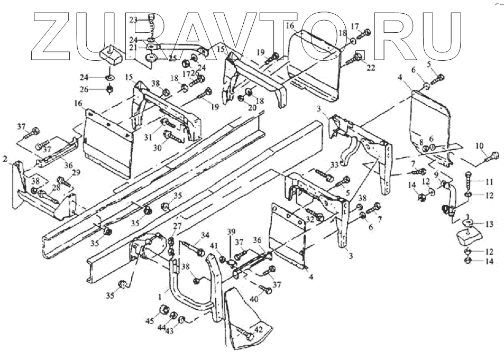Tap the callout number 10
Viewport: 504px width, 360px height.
pyautogui.click(x=479, y=145)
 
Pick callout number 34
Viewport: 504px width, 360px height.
pyautogui.click(x=205, y=235)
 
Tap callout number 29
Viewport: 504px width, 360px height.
pyautogui.click(x=76, y=173)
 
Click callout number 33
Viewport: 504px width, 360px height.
pyautogui.click(x=334, y=164)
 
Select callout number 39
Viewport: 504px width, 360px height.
pyautogui.click(x=231, y=234)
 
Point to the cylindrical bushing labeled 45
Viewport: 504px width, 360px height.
pyautogui.click(x=164, y=310)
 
